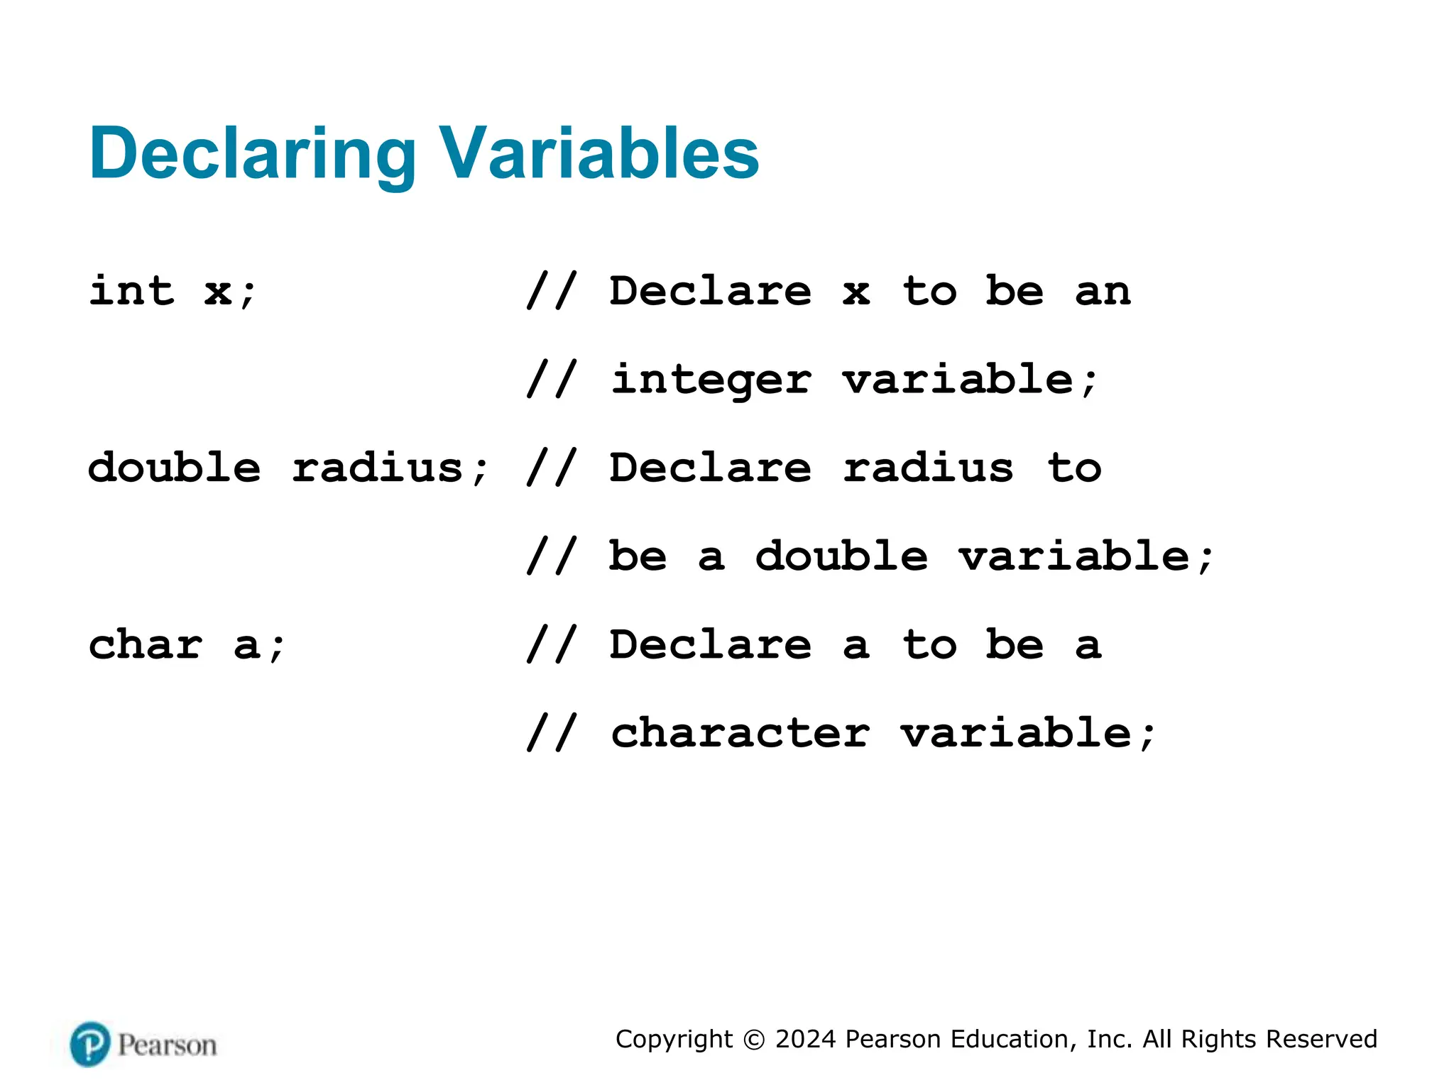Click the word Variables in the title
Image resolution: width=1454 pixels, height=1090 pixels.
600,153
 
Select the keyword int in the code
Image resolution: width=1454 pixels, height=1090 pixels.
131,291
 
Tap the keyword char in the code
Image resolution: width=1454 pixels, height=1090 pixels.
146,645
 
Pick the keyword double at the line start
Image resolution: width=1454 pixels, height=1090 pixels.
175,468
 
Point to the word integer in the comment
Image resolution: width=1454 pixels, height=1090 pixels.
711,380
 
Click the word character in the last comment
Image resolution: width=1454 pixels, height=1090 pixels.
740,733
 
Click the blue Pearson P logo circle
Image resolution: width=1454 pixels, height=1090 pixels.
90,1044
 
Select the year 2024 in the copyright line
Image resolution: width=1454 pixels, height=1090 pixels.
805,1039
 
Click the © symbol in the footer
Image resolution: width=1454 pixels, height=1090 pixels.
754,1040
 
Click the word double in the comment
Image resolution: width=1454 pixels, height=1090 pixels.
841,556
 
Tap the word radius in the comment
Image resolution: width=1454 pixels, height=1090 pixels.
928,468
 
